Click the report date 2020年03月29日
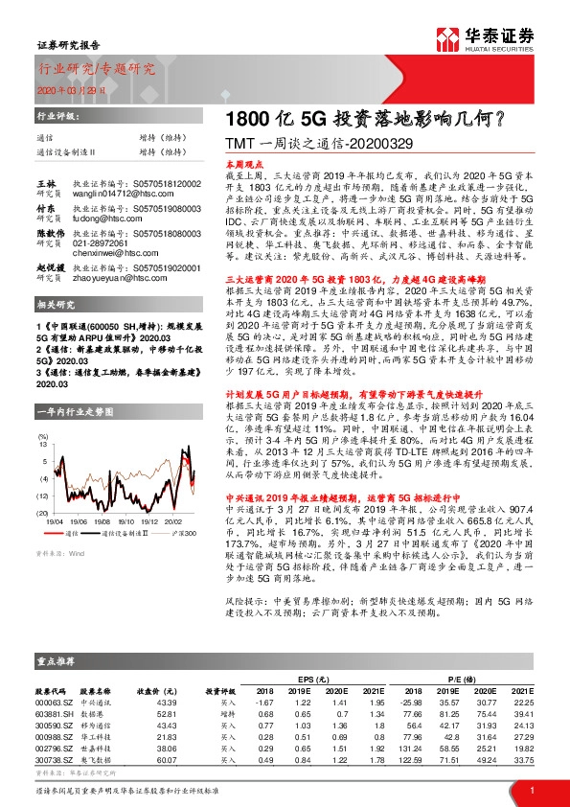coord(65,88)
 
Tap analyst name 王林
coord(46,182)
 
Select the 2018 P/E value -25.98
coord(413,703)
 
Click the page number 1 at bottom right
coord(532,789)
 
